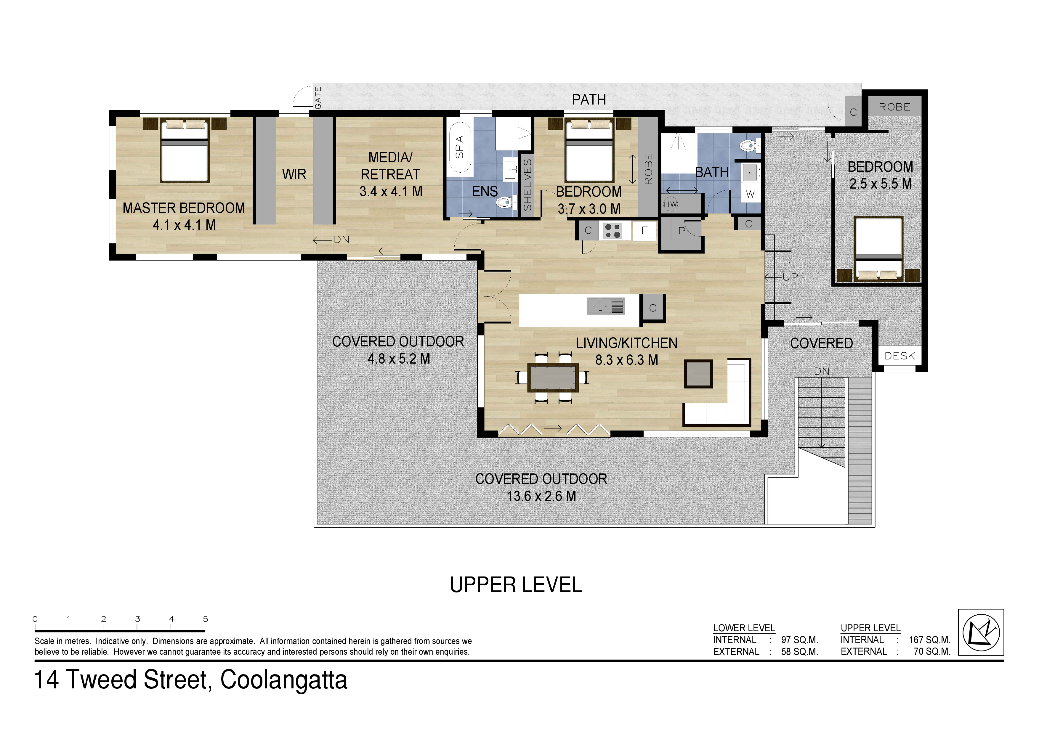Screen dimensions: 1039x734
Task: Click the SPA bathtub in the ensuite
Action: (460, 147)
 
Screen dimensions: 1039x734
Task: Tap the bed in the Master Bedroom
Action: (184, 150)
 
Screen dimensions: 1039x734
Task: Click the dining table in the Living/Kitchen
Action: (553, 378)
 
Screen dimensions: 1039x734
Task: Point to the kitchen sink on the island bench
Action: (605, 306)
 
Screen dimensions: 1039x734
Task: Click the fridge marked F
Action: (644, 231)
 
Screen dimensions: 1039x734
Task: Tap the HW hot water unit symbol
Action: (670, 204)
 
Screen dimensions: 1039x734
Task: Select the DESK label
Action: (899, 356)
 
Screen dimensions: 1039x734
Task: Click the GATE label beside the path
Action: (318, 98)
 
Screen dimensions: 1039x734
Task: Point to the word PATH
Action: (589, 99)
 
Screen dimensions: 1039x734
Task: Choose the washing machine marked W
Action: (750, 194)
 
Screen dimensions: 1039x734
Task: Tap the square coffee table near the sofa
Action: (698, 374)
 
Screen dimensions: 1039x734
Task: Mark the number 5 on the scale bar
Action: (206, 619)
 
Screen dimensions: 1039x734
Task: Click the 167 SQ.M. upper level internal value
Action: (929, 640)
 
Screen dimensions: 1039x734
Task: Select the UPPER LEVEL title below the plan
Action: (516, 585)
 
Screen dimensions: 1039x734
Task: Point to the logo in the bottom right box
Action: (981, 632)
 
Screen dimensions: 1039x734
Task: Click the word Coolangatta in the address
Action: (284, 680)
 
